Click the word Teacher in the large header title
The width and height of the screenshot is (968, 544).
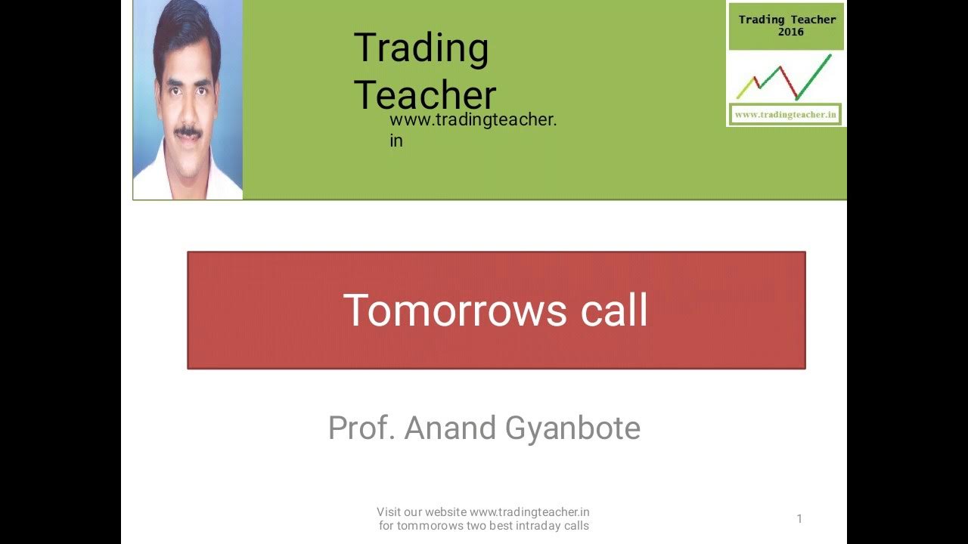(424, 96)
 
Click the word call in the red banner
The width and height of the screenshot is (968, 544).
(614, 311)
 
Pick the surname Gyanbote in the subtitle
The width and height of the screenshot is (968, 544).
(572, 428)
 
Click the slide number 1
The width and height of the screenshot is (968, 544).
(799, 518)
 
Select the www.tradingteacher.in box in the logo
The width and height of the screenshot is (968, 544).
(786, 115)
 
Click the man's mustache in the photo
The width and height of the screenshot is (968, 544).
(188, 131)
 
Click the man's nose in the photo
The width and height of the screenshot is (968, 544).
(187, 113)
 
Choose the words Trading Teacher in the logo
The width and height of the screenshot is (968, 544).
(787, 20)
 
